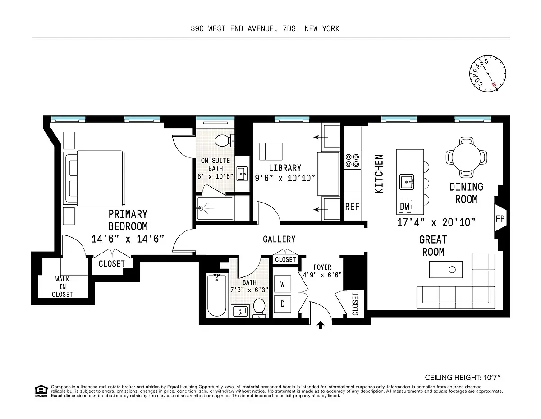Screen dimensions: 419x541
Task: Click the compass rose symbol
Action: (x=487, y=74)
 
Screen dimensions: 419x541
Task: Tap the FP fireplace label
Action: (x=500, y=219)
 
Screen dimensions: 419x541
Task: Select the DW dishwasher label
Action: (x=404, y=206)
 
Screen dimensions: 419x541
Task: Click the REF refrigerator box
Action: (x=352, y=207)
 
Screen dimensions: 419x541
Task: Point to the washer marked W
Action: (x=283, y=284)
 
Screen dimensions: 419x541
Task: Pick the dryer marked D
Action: (x=283, y=304)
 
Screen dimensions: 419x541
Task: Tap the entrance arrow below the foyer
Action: (x=321, y=325)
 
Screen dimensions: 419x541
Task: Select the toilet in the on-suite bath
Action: (x=223, y=140)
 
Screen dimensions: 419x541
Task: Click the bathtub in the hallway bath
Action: (x=217, y=296)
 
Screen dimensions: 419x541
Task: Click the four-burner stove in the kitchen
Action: (x=352, y=161)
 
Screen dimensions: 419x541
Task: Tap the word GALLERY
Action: (x=279, y=239)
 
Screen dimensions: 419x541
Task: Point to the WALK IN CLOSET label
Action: (x=62, y=287)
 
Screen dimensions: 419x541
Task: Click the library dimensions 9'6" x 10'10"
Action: (x=285, y=178)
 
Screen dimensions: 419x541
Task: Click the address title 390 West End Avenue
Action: (x=265, y=29)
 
